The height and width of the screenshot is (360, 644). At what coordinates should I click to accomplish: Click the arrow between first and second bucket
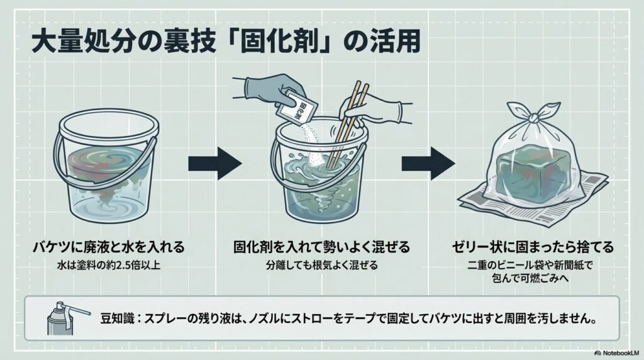214,165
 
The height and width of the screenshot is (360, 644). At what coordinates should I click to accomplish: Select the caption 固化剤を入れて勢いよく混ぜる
321,245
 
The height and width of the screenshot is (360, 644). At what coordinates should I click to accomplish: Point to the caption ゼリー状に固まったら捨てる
533,245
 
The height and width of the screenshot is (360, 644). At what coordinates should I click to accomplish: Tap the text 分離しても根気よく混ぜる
321,265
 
